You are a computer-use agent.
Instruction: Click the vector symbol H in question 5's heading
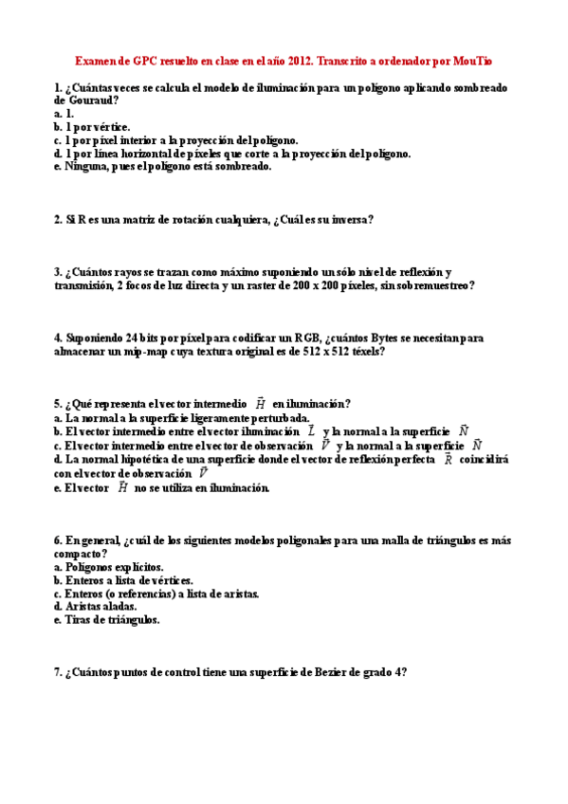coord(260,403)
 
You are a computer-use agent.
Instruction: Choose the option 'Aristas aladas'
coord(95,606)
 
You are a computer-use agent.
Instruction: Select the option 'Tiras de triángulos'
coord(106,619)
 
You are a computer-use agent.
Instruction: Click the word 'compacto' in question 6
coord(78,553)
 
